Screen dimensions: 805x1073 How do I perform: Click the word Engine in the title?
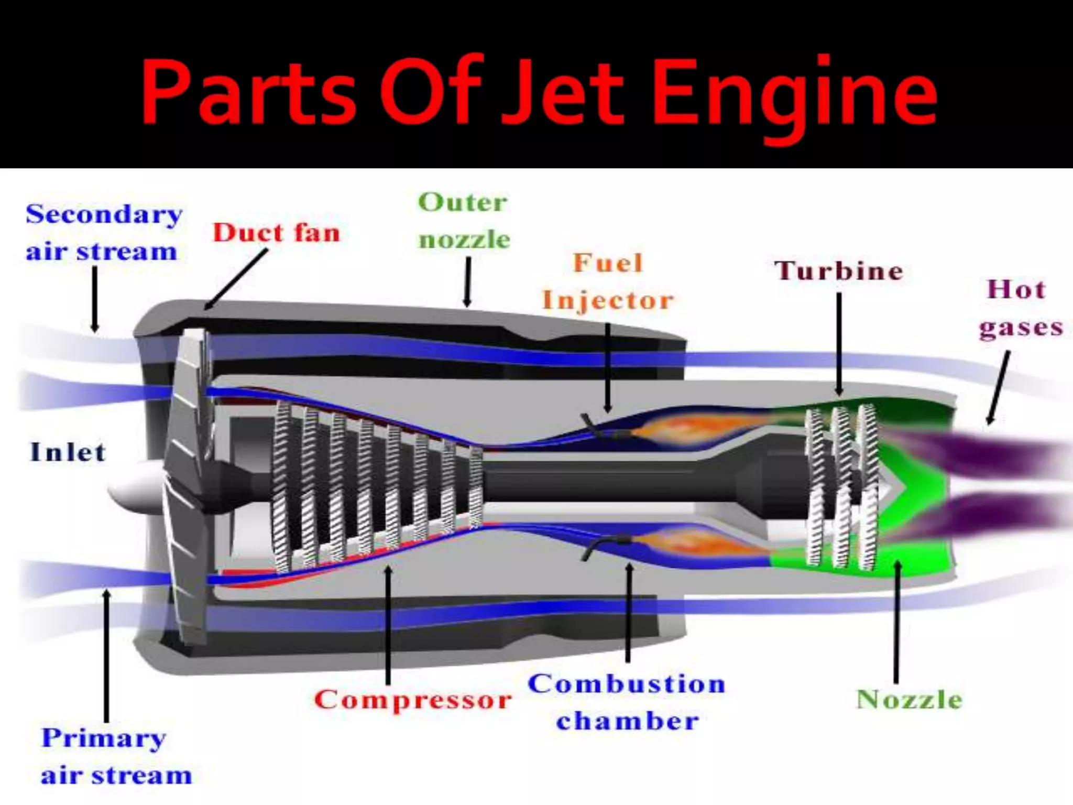pos(794,94)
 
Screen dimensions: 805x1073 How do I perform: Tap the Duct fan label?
pos(276,233)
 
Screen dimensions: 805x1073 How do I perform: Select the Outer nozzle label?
pos(464,221)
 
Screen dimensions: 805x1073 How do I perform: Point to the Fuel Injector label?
pos(608,281)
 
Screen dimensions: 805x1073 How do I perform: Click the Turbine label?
pos(839,271)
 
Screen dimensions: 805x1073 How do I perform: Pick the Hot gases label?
pos(1020,309)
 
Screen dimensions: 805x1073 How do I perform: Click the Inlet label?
pos(68,452)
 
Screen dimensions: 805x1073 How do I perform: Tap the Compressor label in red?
pos(413,700)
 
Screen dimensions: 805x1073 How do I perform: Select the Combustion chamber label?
pos(627,702)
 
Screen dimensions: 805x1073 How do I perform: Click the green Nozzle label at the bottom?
pos(909,700)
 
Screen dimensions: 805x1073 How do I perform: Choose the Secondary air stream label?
pos(103,233)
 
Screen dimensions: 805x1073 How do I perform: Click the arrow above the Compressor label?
pos(388,624)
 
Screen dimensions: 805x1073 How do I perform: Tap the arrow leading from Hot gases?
pos(999,388)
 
